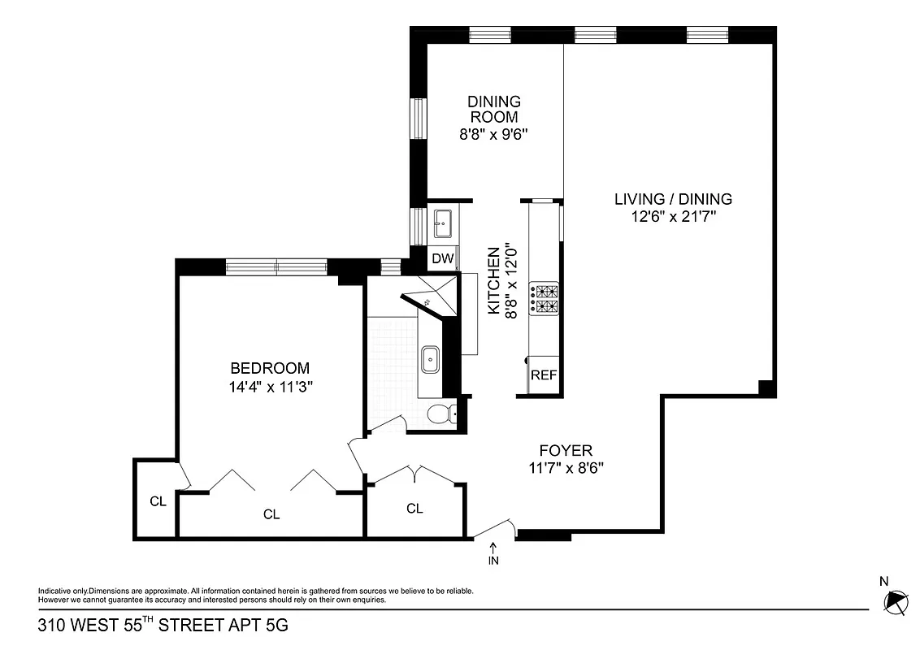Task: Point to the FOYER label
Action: pyautogui.click(x=566, y=450)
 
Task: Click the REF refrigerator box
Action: pyautogui.click(x=544, y=375)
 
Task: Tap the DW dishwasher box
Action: pyautogui.click(x=442, y=258)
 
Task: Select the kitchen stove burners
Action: pyautogui.click(x=544, y=297)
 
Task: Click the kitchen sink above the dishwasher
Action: pyautogui.click(x=443, y=222)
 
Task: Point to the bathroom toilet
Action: pyautogui.click(x=440, y=414)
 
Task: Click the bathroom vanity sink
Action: pyautogui.click(x=430, y=359)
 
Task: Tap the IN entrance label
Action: pyautogui.click(x=493, y=561)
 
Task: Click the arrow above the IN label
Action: pyautogui.click(x=493, y=548)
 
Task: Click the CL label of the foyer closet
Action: pyautogui.click(x=414, y=509)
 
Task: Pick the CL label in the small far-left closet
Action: pyautogui.click(x=158, y=501)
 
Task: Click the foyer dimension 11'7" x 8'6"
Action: pyautogui.click(x=566, y=467)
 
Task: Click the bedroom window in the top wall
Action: pyautogui.click(x=276, y=266)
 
